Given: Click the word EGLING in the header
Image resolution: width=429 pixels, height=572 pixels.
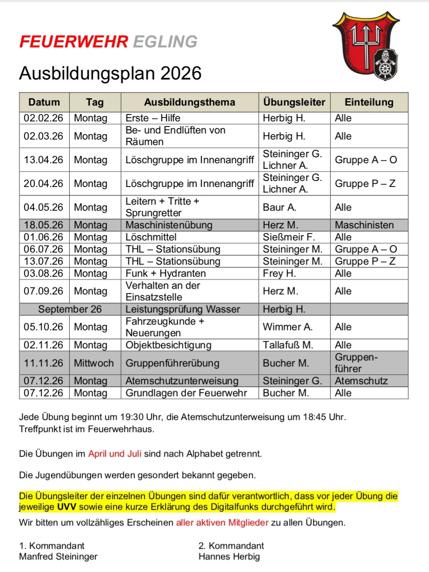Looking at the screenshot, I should pos(165,41).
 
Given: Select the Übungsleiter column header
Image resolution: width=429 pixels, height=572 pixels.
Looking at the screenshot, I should pos(294,102).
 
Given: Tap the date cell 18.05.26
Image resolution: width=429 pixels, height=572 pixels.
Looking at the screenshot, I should pos(44,225).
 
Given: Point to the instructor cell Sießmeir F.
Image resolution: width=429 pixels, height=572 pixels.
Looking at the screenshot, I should pos(289,237).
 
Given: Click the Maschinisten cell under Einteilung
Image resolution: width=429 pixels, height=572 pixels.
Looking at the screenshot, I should pos(364,225).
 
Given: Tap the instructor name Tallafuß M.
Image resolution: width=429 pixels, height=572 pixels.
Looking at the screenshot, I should pos(288,345).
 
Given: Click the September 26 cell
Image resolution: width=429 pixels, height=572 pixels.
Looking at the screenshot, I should pos(70,309).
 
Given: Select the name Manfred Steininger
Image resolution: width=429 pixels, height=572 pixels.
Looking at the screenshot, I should pos(58,556).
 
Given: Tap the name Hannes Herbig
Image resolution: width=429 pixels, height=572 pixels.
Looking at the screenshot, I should pos(229,556).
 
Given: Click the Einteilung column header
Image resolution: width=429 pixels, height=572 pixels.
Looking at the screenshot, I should pos(369,102).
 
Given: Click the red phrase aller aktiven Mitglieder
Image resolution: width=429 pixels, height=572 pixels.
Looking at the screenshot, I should pos(222,523).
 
